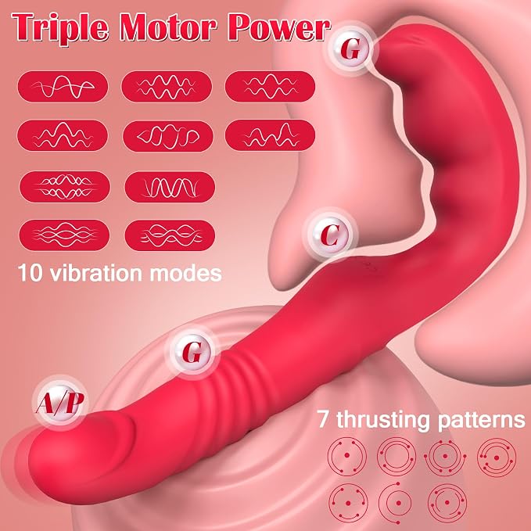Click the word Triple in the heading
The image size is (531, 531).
coord(60,27)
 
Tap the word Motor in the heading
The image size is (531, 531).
coord(168,27)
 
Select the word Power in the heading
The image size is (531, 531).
coord(278,27)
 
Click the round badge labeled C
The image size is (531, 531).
coord(330,235)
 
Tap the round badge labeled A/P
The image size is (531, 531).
coord(60,403)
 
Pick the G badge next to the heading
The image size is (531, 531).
coord(350,49)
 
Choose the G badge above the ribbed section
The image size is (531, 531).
coord(192,352)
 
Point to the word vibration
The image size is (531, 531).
coord(96,273)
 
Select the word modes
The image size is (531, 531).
coord(185,273)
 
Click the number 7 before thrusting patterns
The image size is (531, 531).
coord(323,419)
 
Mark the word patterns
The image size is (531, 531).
coord(481,420)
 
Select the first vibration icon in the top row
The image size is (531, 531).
coord(63,86)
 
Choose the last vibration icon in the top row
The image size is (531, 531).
coord(270,86)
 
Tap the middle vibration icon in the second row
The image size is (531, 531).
coord(168,136)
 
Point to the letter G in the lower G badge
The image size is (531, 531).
coord(192,352)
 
